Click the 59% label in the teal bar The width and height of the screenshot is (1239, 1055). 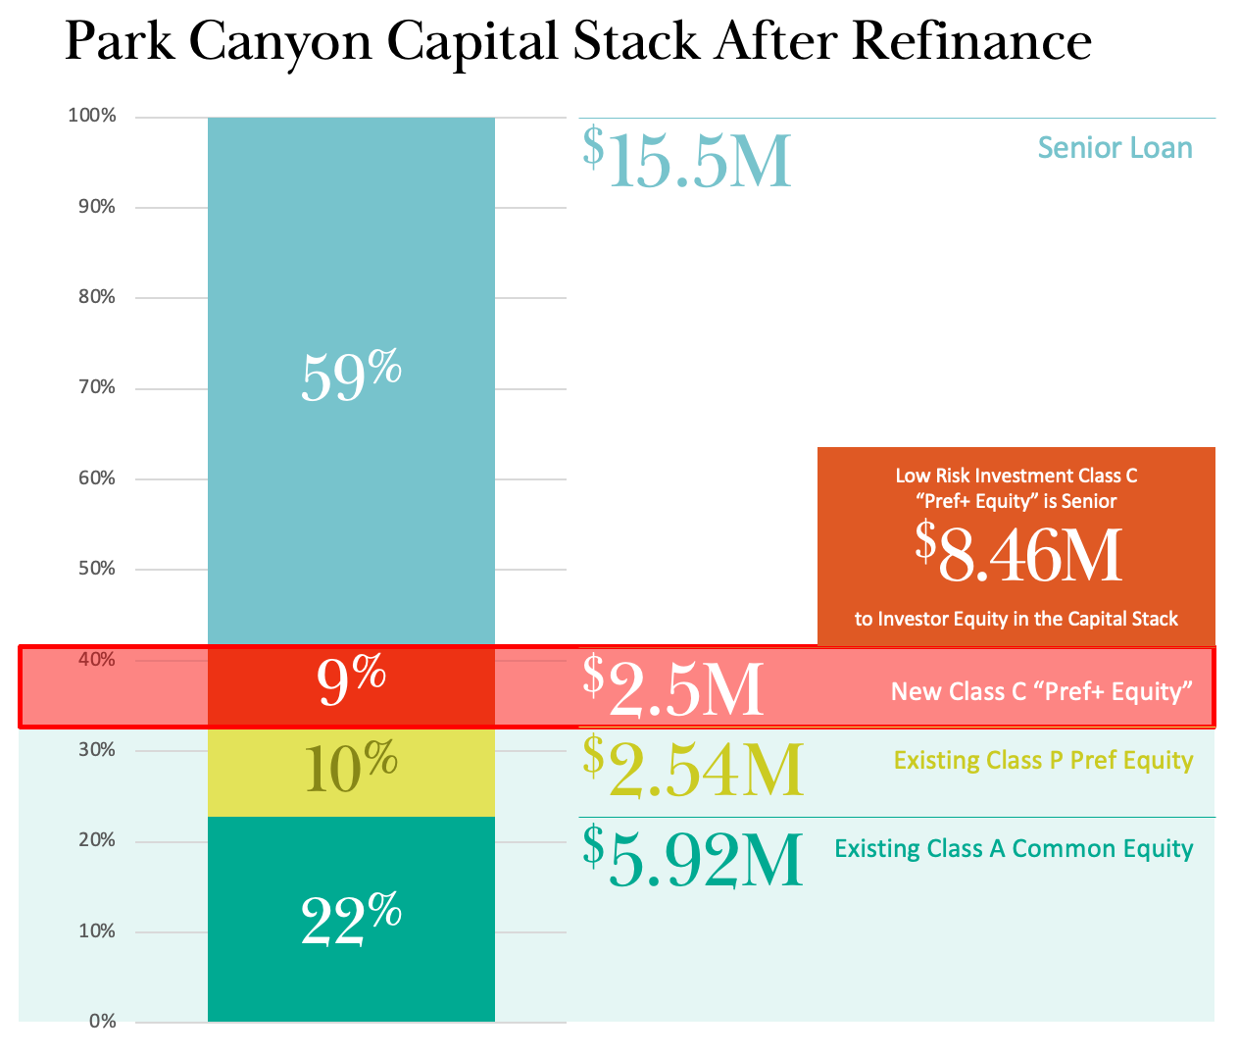(x=351, y=377)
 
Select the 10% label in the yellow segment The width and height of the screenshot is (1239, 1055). (x=351, y=768)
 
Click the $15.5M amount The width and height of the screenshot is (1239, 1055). (x=687, y=159)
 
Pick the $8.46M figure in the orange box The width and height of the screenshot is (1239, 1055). (x=1018, y=555)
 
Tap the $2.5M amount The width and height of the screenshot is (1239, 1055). (x=673, y=687)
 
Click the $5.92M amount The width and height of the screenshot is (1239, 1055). (x=693, y=858)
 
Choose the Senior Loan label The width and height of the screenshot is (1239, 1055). (x=1115, y=148)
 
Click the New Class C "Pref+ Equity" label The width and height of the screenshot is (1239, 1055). (x=1041, y=692)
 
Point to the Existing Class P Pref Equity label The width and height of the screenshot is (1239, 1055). (x=1043, y=761)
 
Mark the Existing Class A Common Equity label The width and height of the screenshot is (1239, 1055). (x=1014, y=849)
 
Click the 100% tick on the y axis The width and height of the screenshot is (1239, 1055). (x=92, y=117)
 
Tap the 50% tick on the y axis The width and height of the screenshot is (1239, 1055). (x=96, y=570)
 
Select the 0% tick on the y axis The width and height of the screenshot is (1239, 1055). (x=102, y=1022)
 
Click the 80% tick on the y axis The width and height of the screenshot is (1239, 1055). (x=96, y=297)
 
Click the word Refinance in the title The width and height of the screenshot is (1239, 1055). (x=971, y=42)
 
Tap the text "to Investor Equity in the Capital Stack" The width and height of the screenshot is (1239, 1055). (x=1016, y=620)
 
